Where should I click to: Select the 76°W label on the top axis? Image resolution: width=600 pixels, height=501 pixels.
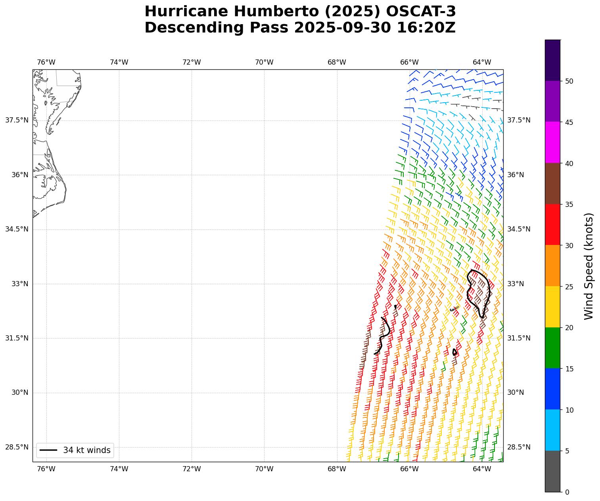tap(46, 62)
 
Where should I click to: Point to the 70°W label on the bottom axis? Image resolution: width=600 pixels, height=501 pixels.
tap(264, 469)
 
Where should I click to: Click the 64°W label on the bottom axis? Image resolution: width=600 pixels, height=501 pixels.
tap(482, 469)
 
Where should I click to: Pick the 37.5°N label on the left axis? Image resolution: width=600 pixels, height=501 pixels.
tap(17, 120)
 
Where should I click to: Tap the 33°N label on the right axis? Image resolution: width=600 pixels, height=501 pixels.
tap(516, 284)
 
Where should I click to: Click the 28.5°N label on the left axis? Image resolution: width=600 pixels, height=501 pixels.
tap(17, 447)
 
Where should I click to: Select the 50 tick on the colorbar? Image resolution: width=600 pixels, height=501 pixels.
tap(569, 81)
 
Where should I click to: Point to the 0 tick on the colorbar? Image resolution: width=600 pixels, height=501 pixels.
tap(567, 492)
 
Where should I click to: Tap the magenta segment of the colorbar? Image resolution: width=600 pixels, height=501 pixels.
tap(552, 142)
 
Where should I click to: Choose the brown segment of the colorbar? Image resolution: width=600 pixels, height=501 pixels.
tap(552, 184)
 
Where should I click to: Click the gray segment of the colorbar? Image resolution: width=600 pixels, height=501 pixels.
tap(552, 471)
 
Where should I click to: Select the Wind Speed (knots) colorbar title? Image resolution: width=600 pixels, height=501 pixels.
tap(589, 266)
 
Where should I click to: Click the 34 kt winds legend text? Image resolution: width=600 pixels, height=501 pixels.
tap(87, 450)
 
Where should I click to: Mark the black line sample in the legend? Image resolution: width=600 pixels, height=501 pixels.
tap(48, 450)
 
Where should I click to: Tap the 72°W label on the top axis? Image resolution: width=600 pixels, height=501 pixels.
tap(192, 62)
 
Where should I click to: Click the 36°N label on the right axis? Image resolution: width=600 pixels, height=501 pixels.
tap(516, 175)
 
